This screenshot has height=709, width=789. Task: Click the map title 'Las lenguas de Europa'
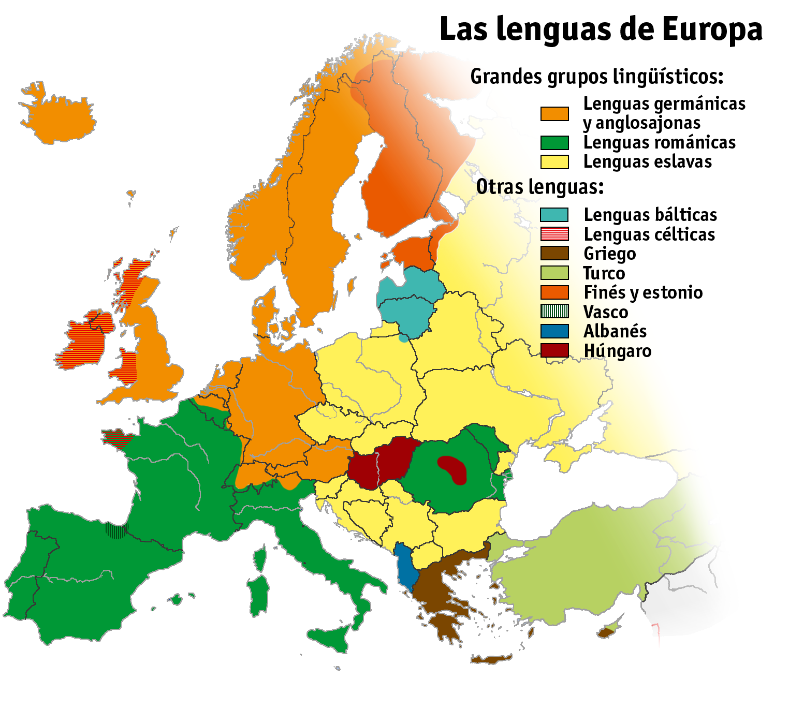tap(601, 29)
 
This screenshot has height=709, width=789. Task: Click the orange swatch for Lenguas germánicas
tap(554, 114)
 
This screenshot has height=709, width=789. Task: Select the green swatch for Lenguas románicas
tap(554, 143)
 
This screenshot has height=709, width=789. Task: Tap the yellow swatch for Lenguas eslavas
tap(554, 162)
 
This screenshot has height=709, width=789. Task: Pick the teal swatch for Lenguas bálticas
tap(554, 215)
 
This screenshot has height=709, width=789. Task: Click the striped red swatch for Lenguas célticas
tap(554, 234)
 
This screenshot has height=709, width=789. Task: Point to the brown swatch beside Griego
tap(554, 253)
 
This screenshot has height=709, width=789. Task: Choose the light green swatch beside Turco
tap(554, 273)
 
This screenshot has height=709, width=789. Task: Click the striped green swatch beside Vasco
tap(554, 312)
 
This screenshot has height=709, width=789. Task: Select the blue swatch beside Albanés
tap(554, 331)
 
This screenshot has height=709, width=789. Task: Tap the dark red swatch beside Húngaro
tap(554, 350)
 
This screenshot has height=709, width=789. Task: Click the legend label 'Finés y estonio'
tap(643, 292)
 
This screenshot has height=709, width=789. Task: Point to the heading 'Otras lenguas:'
tap(540, 187)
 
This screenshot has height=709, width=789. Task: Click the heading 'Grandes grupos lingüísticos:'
tap(596, 77)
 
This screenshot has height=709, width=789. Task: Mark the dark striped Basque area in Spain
tap(116, 530)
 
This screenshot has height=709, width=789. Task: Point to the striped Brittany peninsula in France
tap(117, 437)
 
